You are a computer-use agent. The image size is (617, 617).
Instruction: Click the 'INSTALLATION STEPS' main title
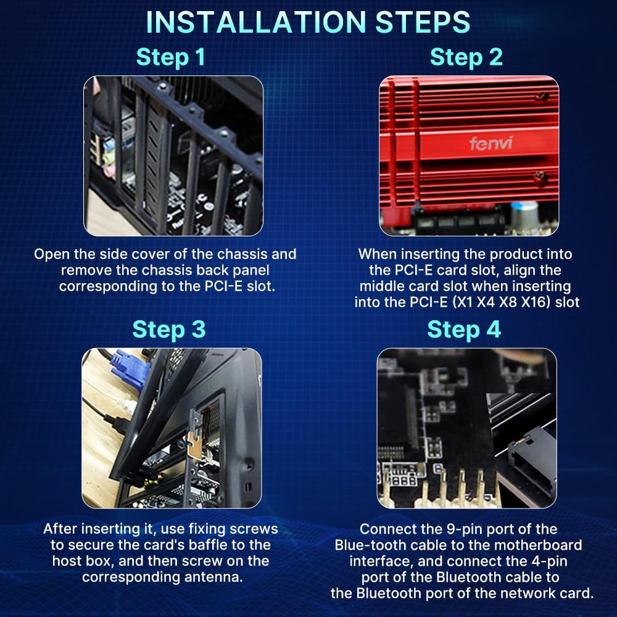[308, 22]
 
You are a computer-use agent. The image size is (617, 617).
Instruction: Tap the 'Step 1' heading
[170, 57]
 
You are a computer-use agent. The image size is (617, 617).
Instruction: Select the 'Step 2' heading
[466, 57]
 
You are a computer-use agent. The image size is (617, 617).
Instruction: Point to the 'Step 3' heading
[169, 329]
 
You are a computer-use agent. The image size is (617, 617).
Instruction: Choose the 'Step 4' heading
[464, 329]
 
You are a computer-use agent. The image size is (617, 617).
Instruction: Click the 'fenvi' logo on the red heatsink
[491, 143]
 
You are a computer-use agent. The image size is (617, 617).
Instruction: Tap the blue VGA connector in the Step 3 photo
[129, 370]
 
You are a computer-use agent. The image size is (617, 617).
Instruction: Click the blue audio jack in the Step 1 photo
[109, 144]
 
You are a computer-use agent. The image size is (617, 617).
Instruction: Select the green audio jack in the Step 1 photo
[109, 158]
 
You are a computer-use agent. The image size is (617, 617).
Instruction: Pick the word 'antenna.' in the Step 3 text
[213, 577]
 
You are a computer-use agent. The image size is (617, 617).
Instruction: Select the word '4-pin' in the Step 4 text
[547, 561]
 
